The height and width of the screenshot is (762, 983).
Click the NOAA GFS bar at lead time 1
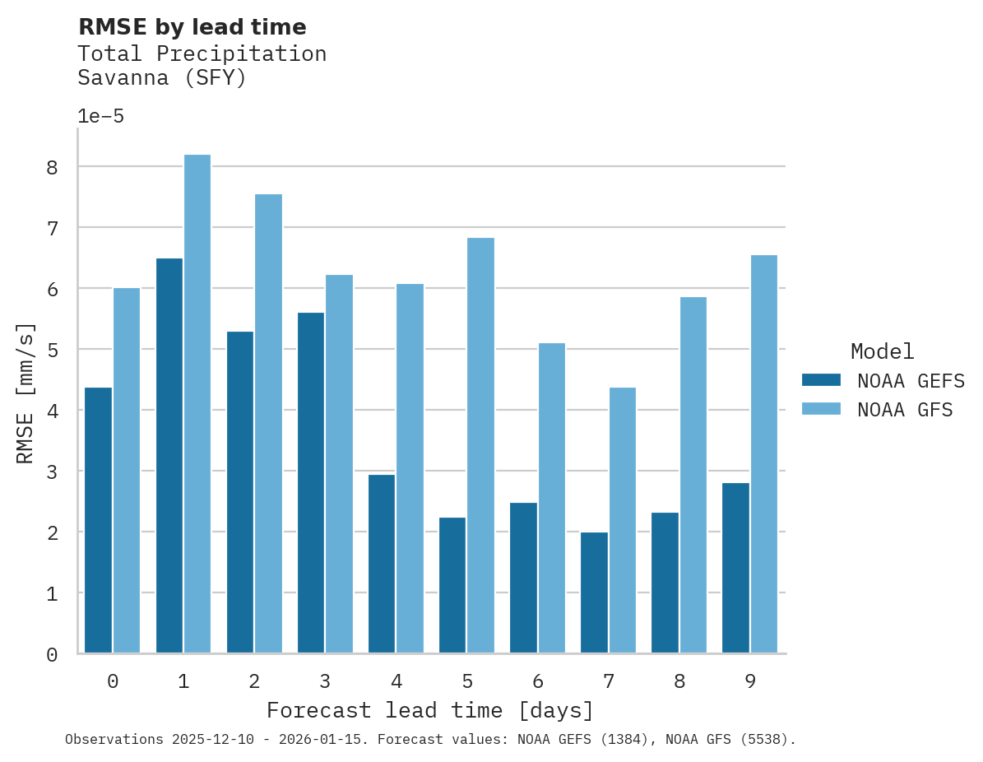[x=197, y=404]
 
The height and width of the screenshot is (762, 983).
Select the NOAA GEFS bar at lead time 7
[x=594, y=592]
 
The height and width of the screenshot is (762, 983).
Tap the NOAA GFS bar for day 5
[x=480, y=445]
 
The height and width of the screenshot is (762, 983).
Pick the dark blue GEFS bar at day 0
[x=98, y=520]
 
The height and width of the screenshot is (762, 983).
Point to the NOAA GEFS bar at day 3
[x=311, y=483]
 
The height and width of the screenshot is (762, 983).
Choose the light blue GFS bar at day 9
[x=764, y=454]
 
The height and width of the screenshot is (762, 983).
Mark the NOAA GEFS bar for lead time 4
[x=382, y=564]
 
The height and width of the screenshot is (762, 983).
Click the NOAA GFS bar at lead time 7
[x=623, y=520]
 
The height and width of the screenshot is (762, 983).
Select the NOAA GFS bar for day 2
[x=268, y=424]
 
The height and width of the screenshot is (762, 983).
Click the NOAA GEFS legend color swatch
[x=821, y=380]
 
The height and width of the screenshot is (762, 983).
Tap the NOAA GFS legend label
[x=905, y=410]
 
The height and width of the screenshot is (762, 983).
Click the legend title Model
[x=882, y=351]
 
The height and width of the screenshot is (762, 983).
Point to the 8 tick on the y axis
[x=52, y=167]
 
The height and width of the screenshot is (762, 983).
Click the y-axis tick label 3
[x=52, y=472]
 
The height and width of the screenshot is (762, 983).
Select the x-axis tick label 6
[x=538, y=681]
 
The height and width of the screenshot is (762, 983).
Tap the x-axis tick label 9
[x=750, y=681]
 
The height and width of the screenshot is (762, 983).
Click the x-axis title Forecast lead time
[x=430, y=710]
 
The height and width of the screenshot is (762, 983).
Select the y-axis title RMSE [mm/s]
[x=26, y=393]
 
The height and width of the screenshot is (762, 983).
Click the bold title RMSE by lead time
[x=192, y=27]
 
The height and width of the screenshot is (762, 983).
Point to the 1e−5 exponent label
[x=100, y=116]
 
